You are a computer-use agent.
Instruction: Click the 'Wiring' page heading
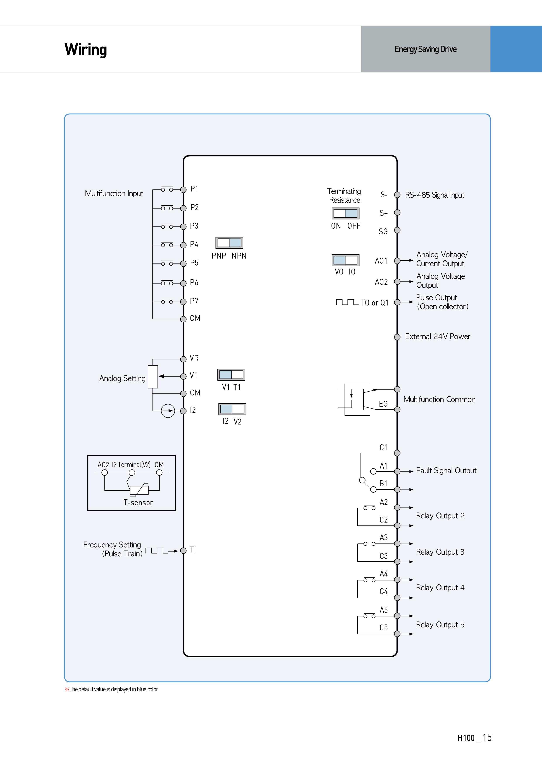pyautogui.click(x=86, y=50)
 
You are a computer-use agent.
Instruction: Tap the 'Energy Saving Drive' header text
pyautogui.click(x=426, y=49)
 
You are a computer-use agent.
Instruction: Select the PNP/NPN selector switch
pyautogui.click(x=229, y=243)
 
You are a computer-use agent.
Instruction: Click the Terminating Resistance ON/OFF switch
pyautogui.click(x=345, y=213)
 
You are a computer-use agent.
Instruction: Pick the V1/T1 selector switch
pyautogui.click(x=231, y=375)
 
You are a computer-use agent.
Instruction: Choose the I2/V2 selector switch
pyautogui.click(x=232, y=409)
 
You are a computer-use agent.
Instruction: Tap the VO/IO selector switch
pyautogui.click(x=345, y=260)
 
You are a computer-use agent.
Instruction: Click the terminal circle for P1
pyautogui.click(x=183, y=190)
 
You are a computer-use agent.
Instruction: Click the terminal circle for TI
pyautogui.click(x=183, y=550)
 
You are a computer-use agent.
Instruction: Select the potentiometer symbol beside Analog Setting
pyautogui.click(x=153, y=377)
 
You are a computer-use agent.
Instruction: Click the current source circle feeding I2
pyautogui.click(x=168, y=411)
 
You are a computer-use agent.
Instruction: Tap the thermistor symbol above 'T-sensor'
pyautogui.click(x=139, y=490)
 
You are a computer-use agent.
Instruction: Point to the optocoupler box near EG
pyautogui.click(x=357, y=400)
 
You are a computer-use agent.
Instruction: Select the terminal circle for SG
pyautogui.click(x=397, y=230)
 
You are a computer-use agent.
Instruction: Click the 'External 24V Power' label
pyautogui.click(x=438, y=337)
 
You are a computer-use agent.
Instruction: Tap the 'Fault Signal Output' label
pyautogui.click(x=446, y=471)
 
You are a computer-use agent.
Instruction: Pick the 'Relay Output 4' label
pyautogui.click(x=440, y=588)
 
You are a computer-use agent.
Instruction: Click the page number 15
pyautogui.click(x=487, y=737)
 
